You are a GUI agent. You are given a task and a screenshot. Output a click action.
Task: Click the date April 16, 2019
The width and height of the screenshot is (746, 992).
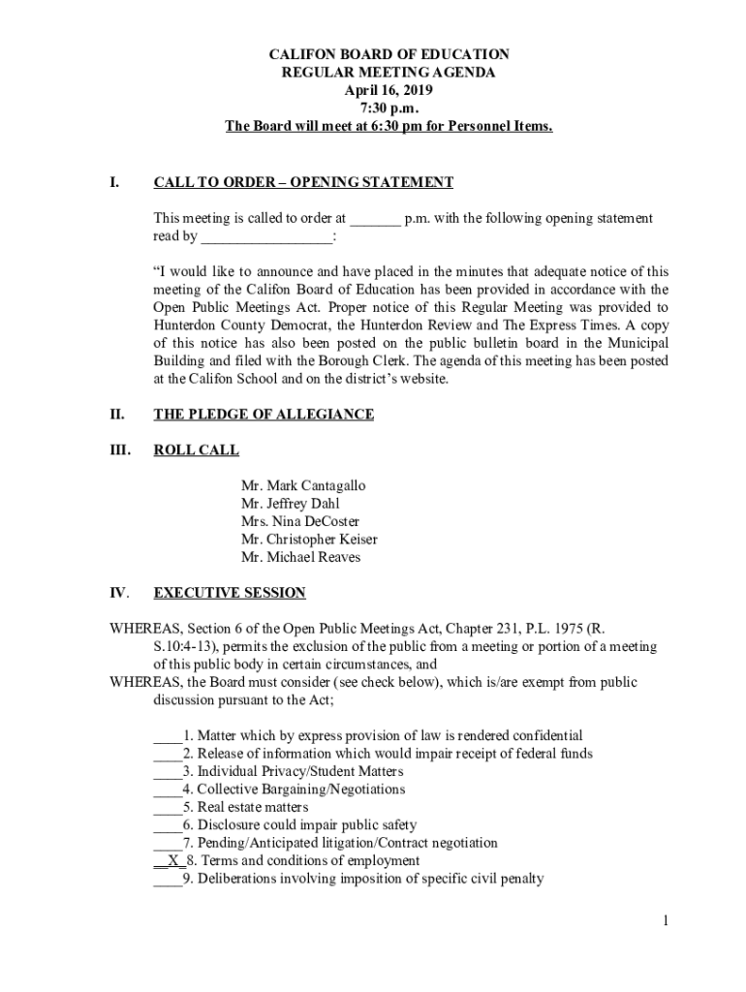(389, 90)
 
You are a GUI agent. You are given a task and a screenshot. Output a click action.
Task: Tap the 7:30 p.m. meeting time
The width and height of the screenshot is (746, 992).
(389, 108)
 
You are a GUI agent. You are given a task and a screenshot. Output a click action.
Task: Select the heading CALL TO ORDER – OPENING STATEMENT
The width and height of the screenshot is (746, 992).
(303, 182)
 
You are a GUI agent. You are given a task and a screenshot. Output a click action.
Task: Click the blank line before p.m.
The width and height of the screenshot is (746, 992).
(375, 220)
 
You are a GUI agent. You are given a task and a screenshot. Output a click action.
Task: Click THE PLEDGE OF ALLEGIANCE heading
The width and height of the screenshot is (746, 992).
(264, 415)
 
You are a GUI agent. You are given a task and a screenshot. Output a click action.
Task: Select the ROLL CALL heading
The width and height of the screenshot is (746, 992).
(197, 450)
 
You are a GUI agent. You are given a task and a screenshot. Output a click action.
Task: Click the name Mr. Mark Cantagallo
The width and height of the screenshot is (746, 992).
(303, 485)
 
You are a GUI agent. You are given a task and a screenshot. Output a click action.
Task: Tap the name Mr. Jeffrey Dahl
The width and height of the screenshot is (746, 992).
(291, 504)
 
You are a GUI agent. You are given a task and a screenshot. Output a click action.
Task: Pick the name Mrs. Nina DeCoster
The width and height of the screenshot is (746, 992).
(299, 521)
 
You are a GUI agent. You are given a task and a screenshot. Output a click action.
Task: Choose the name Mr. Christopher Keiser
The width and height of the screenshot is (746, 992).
(309, 540)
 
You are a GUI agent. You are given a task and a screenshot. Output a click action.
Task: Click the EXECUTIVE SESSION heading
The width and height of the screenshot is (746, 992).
(230, 593)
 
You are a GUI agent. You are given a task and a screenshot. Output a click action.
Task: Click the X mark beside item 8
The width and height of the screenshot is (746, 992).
(172, 860)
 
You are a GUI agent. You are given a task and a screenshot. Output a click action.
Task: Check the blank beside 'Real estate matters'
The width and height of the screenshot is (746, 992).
(167, 808)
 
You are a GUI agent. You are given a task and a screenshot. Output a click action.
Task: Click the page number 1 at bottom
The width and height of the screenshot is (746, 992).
(666, 921)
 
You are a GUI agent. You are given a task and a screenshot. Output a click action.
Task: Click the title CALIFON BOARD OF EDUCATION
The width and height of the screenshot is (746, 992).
(389, 55)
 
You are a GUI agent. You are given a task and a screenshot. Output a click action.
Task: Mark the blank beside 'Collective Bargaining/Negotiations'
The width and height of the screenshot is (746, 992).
(167, 790)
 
